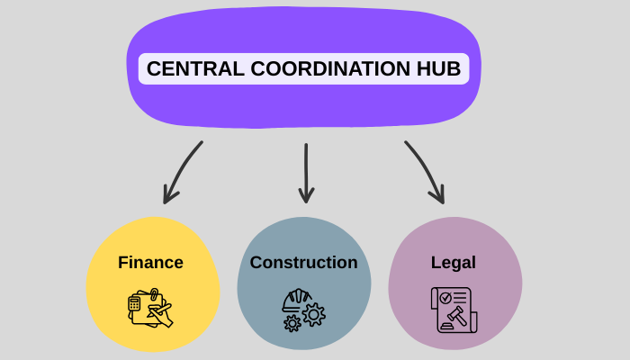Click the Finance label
click(150, 263)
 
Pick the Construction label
click(303, 263)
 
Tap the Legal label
click(453, 263)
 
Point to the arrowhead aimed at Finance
click(168, 195)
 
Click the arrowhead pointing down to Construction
click(306, 195)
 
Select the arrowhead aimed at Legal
click(439, 195)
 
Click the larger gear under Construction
click(314, 313)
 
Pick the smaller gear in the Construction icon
click(292, 322)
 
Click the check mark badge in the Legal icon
click(445, 297)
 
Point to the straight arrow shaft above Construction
click(306, 166)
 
